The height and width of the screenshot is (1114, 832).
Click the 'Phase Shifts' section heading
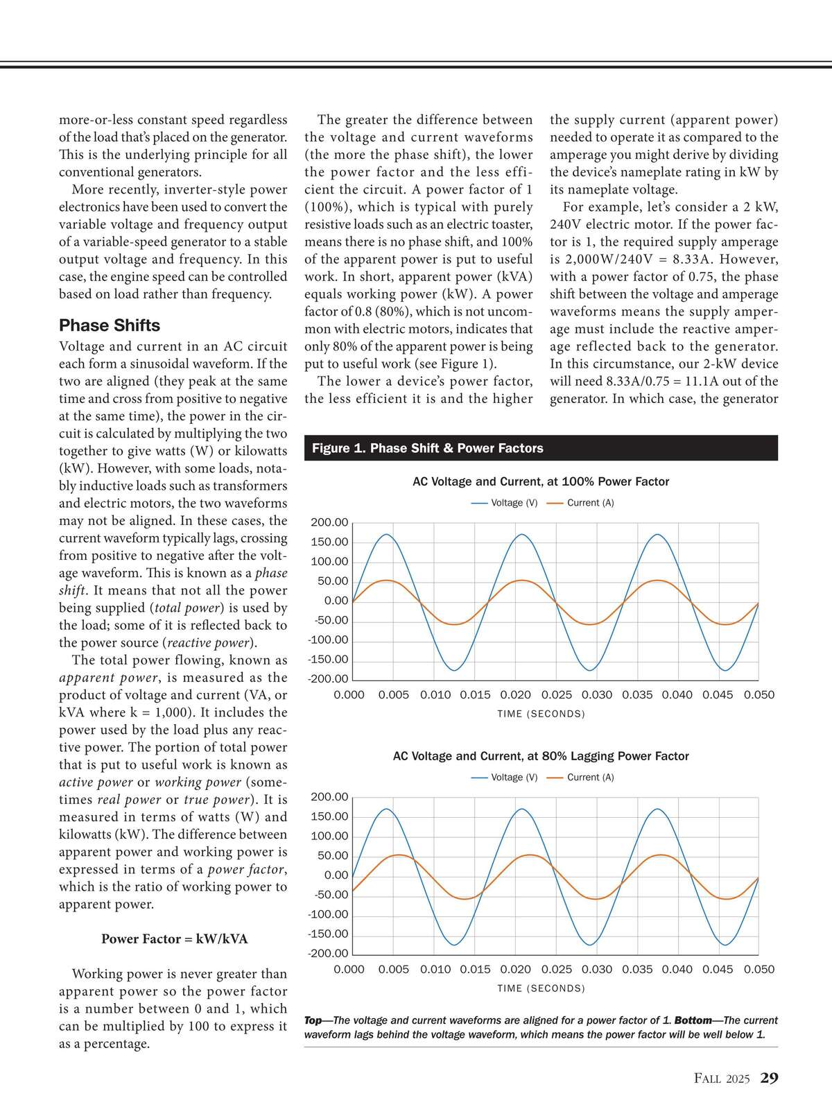coord(109,325)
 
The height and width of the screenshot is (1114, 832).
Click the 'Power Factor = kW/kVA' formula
coord(174,939)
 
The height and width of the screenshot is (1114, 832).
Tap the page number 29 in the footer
coord(769,1078)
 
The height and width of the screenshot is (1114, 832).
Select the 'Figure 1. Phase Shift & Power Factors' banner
coord(427,448)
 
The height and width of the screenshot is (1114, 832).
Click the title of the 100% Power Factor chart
coord(541,481)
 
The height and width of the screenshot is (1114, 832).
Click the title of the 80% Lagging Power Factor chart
coord(541,756)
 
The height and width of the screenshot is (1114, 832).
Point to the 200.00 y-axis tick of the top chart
coord(329,522)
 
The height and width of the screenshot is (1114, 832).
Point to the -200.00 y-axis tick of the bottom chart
coord(328,953)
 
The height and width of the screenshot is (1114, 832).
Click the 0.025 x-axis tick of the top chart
coord(557,695)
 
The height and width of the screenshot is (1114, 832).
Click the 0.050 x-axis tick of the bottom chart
coord(759,970)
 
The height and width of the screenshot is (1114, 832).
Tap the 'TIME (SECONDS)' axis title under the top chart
coord(541,714)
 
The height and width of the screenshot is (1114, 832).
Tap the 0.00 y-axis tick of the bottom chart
coord(336,875)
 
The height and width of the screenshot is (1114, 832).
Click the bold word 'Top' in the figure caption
coord(313,1020)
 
